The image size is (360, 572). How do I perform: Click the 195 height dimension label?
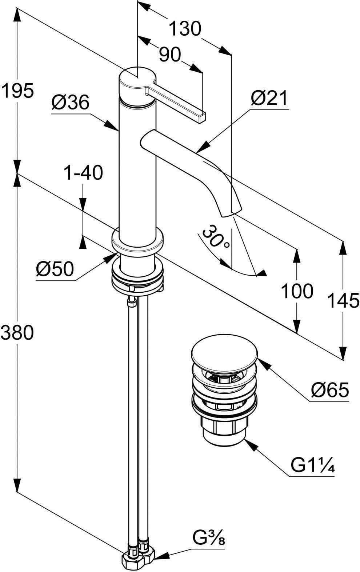pyautogui.click(x=17, y=90)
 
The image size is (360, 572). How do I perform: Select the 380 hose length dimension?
pyautogui.click(x=17, y=332)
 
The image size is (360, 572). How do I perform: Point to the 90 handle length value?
pyautogui.click(x=170, y=54)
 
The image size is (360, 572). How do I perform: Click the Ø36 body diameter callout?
pyautogui.click(x=71, y=103)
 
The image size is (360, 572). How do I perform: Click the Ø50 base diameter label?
pyautogui.click(x=55, y=269)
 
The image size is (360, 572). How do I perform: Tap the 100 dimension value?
pyautogui.click(x=297, y=291)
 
